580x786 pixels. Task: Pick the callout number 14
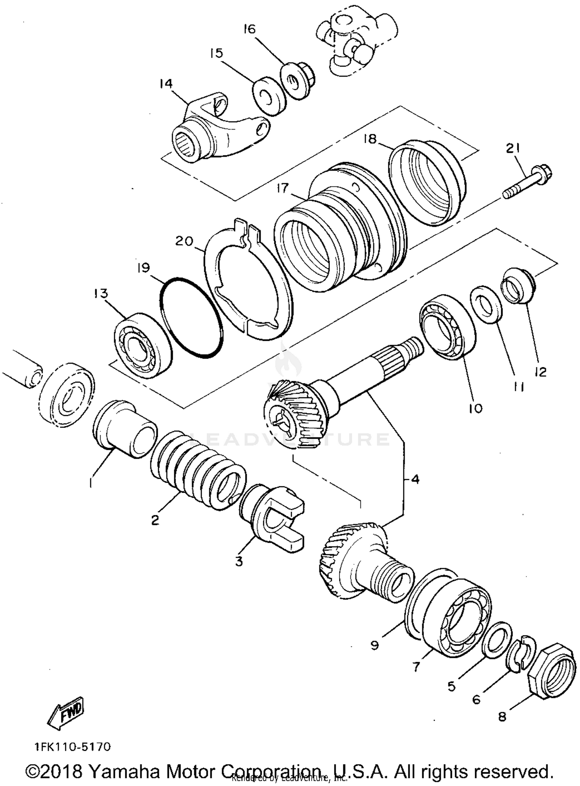[x=166, y=84]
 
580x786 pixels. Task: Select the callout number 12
[x=540, y=372]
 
